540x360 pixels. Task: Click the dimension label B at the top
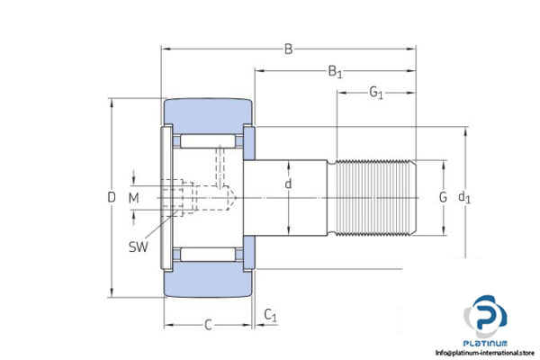point(288,49)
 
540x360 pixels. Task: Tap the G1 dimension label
point(376,93)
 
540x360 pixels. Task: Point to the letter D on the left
point(112,197)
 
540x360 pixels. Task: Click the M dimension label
point(133,197)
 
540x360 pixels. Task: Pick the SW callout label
point(139,247)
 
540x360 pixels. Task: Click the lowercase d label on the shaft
point(288,184)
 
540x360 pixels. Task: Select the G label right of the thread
point(442,197)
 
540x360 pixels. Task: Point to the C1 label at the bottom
point(270,314)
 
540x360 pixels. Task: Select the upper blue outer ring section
point(207,114)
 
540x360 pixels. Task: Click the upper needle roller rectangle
point(208,141)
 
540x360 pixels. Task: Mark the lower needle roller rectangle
point(208,253)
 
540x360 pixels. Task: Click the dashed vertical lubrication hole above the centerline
point(218,169)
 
